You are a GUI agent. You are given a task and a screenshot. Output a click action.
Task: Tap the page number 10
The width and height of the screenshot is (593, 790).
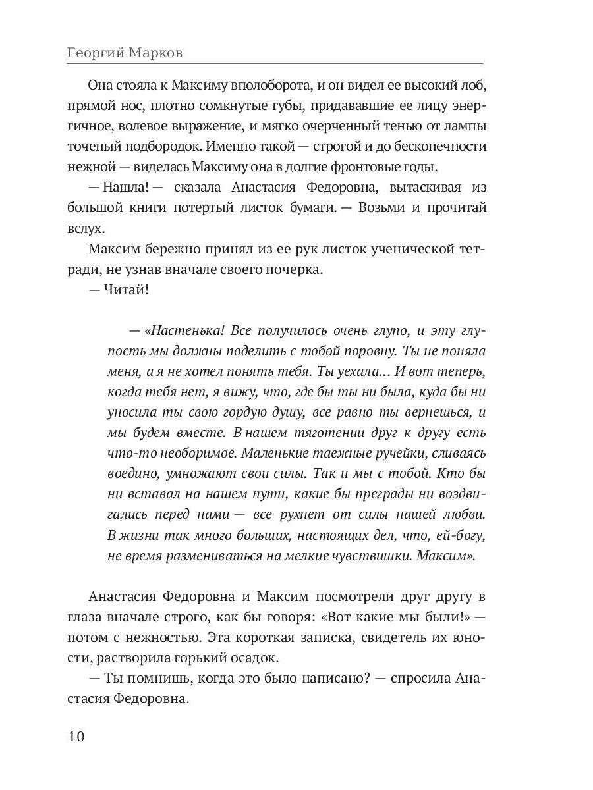click(76, 736)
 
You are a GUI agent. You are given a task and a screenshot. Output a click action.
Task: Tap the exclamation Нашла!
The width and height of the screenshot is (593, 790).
click(125, 187)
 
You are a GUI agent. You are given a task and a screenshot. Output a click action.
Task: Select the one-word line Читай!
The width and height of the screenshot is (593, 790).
click(125, 290)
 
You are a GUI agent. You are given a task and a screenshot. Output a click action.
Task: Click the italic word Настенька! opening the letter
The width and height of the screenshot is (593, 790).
click(176, 330)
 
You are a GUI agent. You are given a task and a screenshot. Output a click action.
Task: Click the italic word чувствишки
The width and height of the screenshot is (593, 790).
click(374, 555)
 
